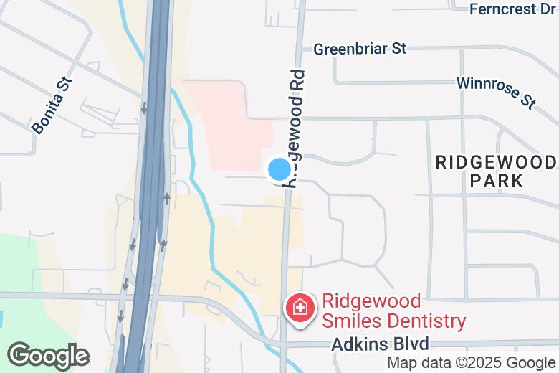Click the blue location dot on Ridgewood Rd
pyautogui.click(x=279, y=170)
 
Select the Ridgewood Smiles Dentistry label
pyautogui.click(x=393, y=311)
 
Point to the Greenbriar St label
pyautogui.click(x=360, y=49)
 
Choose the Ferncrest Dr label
pyautogui.click(x=513, y=9)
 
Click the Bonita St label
pyautogui.click(x=53, y=105)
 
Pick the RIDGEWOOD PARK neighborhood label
pyautogui.click(x=497, y=171)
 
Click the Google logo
pyautogui.click(x=48, y=356)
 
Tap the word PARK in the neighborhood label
pyautogui.click(x=497, y=180)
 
